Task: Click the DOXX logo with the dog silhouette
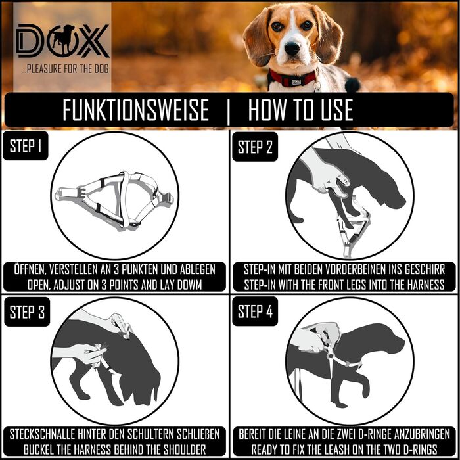(62, 41)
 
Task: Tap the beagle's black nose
(292, 48)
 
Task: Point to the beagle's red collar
(292, 78)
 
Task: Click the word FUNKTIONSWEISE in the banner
(135, 110)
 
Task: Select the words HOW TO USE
(301, 110)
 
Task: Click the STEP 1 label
(26, 146)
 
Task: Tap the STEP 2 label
(255, 147)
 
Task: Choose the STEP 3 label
(27, 311)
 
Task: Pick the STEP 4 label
(255, 311)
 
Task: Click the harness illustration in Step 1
(114, 200)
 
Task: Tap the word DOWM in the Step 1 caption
(189, 285)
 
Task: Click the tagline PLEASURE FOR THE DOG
(65, 69)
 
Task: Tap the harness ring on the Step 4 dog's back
(331, 356)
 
